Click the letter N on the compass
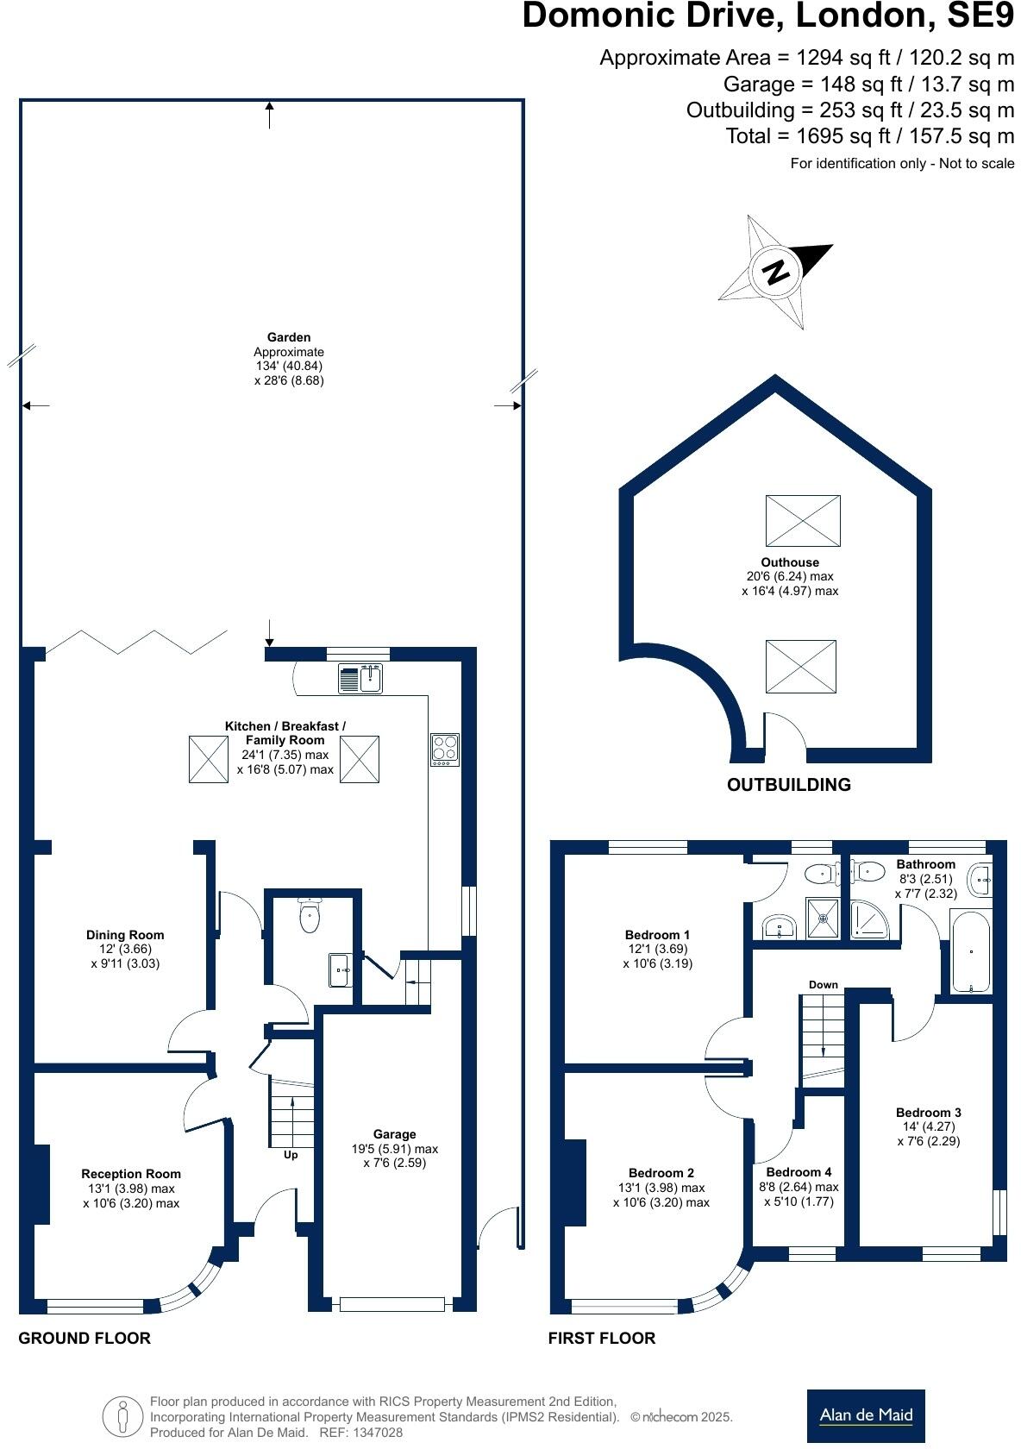click(x=776, y=272)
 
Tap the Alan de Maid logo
click(x=865, y=1415)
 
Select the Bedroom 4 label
click(x=799, y=1172)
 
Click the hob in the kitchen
click(x=445, y=749)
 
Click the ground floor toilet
click(x=310, y=915)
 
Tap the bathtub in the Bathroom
click(x=972, y=952)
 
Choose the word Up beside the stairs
click(x=291, y=1154)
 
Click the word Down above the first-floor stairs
click(x=823, y=984)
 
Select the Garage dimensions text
click(x=395, y=1156)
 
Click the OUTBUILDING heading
click(x=788, y=785)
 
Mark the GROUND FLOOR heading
click(x=85, y=1339)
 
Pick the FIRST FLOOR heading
click(x=601, y=1339)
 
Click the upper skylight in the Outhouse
click(x=802, y=520)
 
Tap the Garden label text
click(x=289, y=337)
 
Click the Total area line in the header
click(x=869, y=136)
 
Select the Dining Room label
click(x=125, y=935)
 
